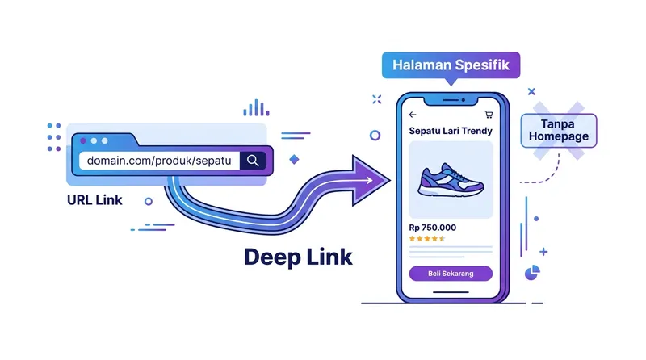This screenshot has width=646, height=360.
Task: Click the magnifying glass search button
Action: point(253,161)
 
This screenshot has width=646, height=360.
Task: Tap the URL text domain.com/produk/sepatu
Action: point(159,161)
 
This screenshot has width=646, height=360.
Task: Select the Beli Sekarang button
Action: point(451,274)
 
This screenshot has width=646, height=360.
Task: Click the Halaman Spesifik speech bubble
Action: point(451,65)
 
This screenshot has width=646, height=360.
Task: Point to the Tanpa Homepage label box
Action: point(559,130)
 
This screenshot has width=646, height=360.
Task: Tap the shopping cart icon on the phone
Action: point(488,115)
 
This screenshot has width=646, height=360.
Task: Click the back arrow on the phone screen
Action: point(413,115)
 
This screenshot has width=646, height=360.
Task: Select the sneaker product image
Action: point(451,180)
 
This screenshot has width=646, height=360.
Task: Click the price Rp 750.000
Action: point(432,227)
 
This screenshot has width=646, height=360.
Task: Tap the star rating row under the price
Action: point(427,239)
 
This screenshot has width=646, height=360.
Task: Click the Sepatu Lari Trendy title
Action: point(451,131)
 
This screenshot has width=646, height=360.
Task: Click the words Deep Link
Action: point(298,257)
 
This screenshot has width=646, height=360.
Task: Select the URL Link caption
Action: point(95,199)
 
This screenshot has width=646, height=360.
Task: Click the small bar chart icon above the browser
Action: point(256,107)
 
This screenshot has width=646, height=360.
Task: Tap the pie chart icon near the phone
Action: point(532,273)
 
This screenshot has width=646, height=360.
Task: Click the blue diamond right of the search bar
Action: point(294,160)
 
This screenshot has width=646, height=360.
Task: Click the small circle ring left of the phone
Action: point(375,136)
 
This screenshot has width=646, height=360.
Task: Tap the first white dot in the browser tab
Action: point(82,140)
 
